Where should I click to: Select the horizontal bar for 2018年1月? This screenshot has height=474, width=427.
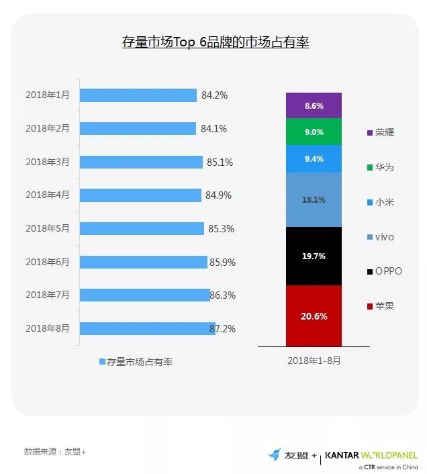pos(138,95)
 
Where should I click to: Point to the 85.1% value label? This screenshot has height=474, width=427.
pos(216,162)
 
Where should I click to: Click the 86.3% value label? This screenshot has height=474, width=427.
pos(223,295)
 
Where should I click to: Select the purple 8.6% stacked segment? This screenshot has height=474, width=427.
pos(314,105)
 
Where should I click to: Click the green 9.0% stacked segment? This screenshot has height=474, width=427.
pos(314,132)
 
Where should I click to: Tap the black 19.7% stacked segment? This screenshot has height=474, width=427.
pos(314,255)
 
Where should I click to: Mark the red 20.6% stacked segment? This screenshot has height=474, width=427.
pos(314,316)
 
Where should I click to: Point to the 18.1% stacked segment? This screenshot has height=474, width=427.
pos(314,199)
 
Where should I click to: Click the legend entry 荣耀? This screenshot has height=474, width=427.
pos(381,132)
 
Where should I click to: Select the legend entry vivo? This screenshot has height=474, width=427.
pos(381,237)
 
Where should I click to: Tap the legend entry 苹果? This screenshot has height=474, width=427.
pos(381,306)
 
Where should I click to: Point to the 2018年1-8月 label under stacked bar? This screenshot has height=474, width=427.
pos(314,361)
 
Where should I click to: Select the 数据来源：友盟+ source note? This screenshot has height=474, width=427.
pos(54,451)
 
